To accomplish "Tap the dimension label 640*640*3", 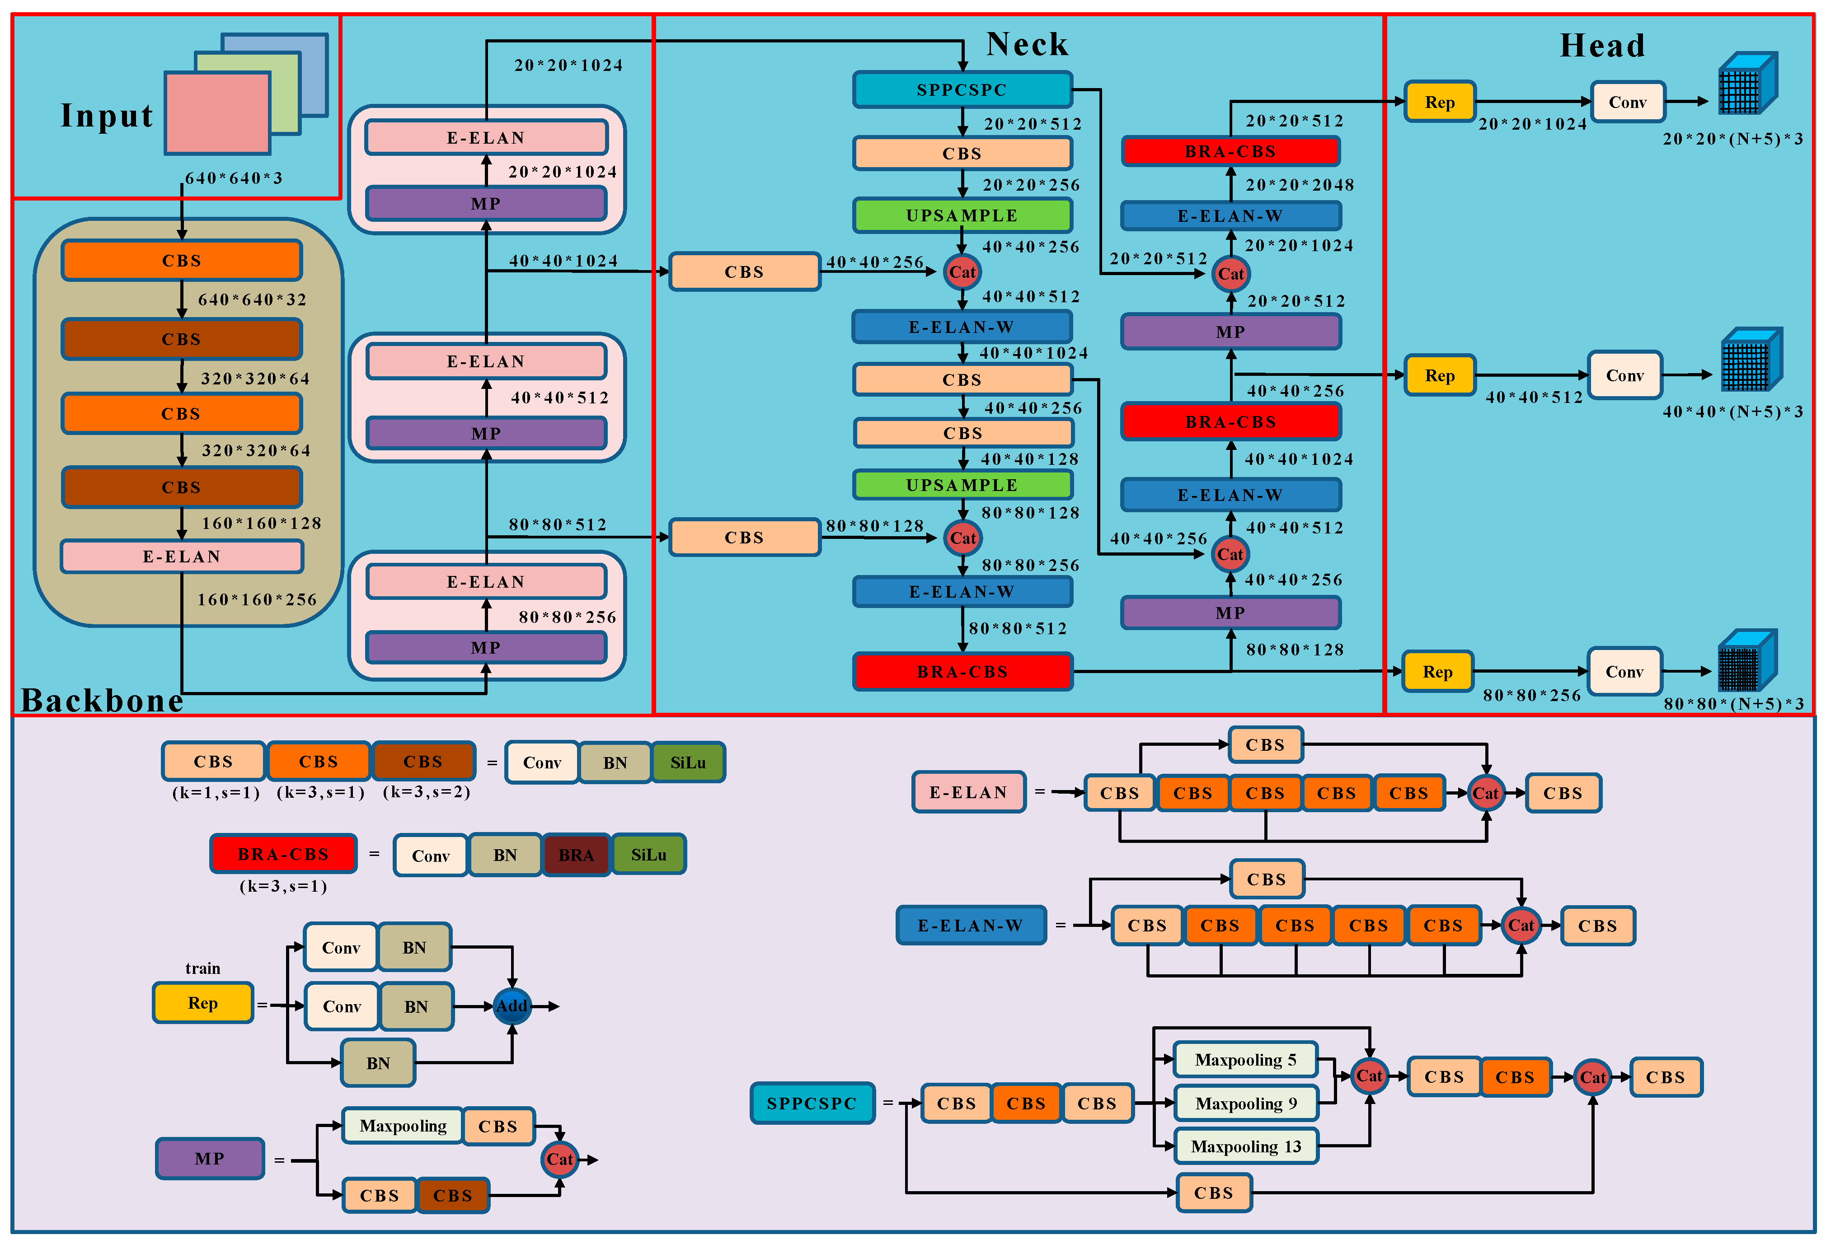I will (233, 178).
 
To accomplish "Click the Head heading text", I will (1601, 46).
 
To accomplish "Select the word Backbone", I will (102, 700).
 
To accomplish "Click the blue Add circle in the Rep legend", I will (512, 1006).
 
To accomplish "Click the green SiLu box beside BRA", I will (648, 855).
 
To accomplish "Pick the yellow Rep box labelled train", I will (203, 1003).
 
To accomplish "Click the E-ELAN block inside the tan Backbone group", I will (182, 556).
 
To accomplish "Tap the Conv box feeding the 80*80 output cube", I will (1624, 672).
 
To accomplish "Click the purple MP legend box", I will (209, 1158).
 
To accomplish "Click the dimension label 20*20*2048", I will (1300, 185).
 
